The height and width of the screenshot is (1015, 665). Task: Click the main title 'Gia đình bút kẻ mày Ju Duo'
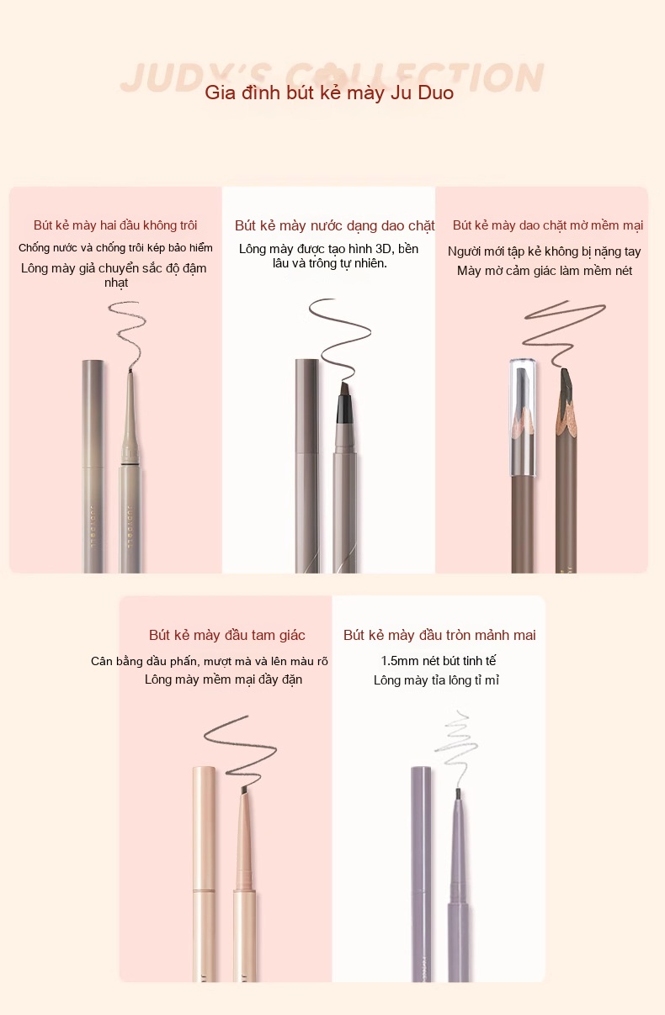tap(329, 93)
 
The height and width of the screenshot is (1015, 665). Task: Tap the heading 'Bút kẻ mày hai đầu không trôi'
tap(115, 225)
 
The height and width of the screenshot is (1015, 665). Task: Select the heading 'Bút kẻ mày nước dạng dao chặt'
tap(335, 225)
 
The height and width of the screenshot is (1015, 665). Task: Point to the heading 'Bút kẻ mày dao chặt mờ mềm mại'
tap(548, 225)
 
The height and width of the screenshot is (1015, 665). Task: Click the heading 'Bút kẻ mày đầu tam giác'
tap(226, 635)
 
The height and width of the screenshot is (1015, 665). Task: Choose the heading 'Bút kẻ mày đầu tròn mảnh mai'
tap(439, 635)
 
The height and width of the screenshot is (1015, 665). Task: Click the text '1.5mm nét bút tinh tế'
tap(439, 661)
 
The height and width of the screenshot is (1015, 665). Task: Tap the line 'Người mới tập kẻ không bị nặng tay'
tap(545, 251)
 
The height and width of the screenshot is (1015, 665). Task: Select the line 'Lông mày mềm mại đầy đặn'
tap(223, 679)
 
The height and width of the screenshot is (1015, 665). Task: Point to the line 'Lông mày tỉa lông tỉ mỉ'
tap(436, 680)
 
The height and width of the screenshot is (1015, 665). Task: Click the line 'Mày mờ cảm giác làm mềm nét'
tap(545, 271)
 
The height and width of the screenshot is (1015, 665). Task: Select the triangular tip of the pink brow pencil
tap(244, 790)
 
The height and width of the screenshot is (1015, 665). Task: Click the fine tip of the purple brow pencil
tap(458, 794)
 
